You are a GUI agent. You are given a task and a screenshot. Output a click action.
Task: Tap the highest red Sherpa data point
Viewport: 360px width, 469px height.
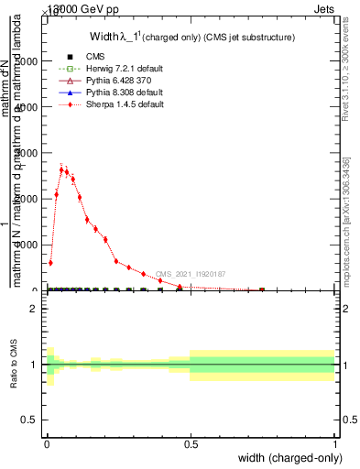(61, 169)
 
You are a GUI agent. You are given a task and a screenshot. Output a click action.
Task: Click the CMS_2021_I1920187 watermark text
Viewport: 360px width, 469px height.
(190, 273)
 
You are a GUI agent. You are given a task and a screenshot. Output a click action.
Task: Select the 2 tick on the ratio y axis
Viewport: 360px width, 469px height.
(34, 309)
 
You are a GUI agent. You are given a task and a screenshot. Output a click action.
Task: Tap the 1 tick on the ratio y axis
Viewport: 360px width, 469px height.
(34, 365)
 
